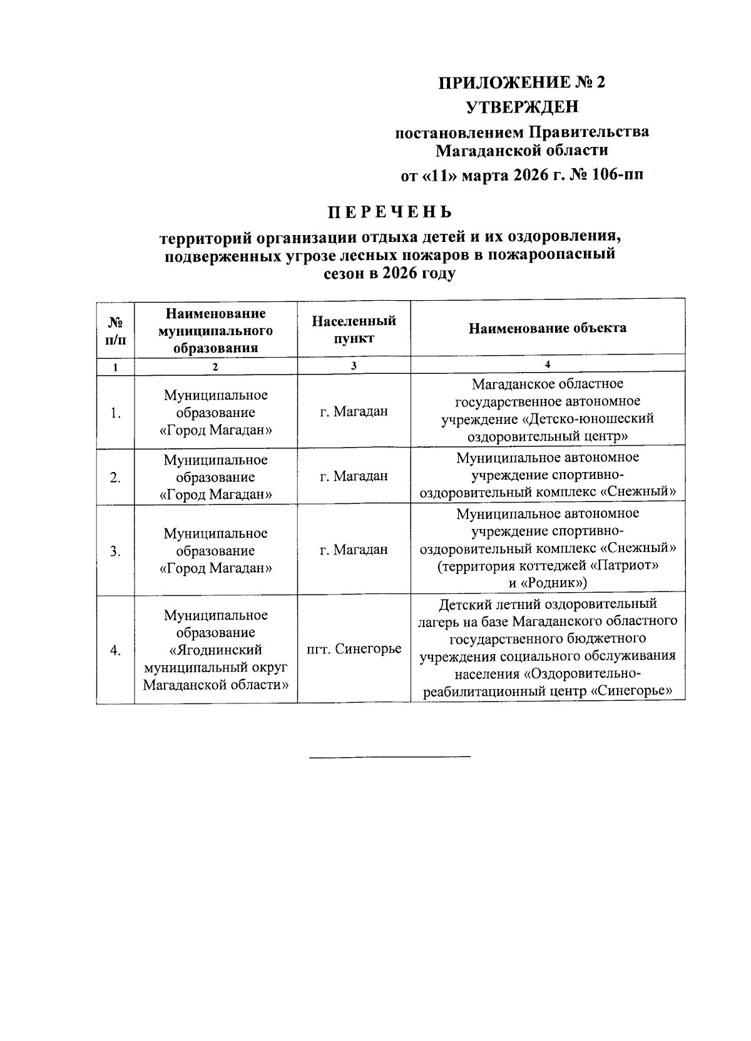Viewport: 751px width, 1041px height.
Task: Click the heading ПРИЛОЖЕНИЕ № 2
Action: click(522, 83)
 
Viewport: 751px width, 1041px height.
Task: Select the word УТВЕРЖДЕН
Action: click(523, 107)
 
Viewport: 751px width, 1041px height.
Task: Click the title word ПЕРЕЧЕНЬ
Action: click(391, 213)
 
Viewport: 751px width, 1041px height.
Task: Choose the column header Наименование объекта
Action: click(548, 328)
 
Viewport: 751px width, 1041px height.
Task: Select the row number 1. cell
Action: click(115, 413)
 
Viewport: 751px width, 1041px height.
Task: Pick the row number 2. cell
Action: click(115, 478)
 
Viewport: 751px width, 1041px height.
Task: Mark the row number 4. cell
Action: click(115, 650)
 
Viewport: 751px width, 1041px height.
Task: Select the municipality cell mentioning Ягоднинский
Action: click(215, 650)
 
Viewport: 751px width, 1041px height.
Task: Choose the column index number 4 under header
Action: click(548, 365)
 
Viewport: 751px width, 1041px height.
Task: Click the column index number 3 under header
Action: click(354, 366)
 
